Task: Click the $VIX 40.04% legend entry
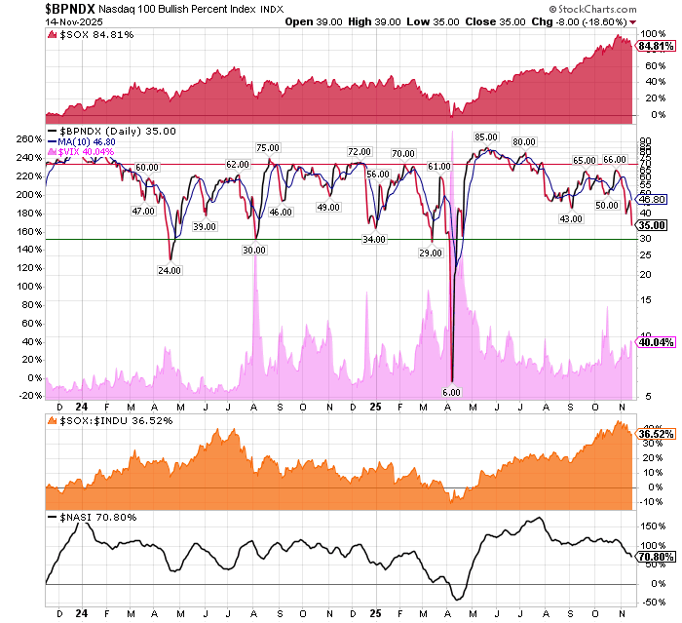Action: coord(87,152)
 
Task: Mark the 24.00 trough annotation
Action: coord(170,270)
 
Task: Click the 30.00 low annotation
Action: coord(254,250)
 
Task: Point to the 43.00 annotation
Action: coord(571,218)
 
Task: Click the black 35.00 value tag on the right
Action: coord(652,225)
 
